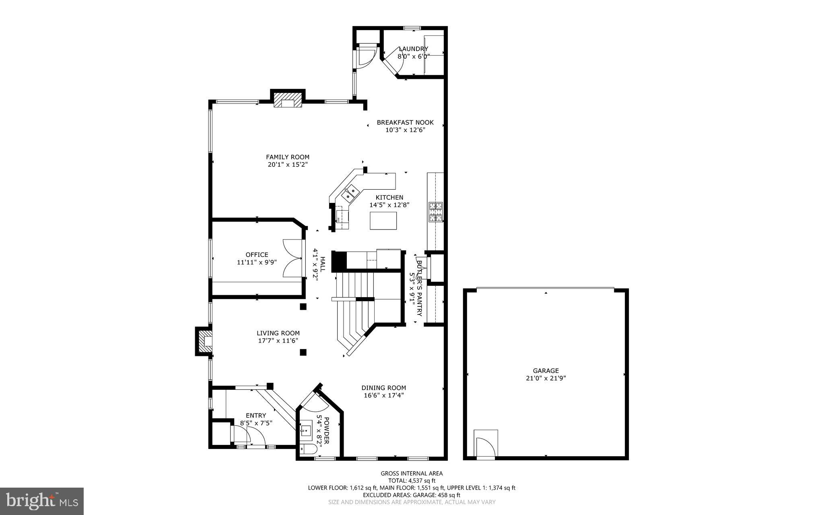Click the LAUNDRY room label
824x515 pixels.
tap(413, 49)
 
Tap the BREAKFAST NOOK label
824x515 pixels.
tap(405, 122)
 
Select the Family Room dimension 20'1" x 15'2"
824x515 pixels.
tap(288, 164)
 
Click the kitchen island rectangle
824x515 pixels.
tap(383, 220)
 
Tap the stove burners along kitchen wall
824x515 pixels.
tap(436, 212)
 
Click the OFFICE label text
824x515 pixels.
tap(257, 254)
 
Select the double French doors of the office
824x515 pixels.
tap(293, 258)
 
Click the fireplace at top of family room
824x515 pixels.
tap(288, 100)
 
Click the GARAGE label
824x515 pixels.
tap(546, 371)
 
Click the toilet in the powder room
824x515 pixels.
tap(305, 450)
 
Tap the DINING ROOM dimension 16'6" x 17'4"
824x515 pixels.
tap(383, 395)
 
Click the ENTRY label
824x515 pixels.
tap(256, 416)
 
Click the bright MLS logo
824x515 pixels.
tap(42, 501)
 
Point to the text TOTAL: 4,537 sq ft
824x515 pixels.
tap(412, 480)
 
